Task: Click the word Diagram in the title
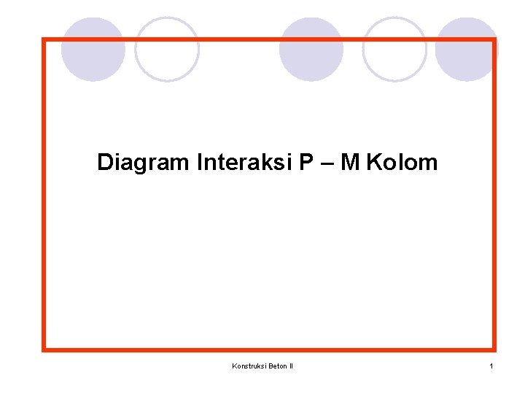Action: pos(143,162)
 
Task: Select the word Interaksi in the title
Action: pos(245,162)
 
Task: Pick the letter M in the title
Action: pos(350,162)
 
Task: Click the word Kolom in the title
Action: pos(402,162)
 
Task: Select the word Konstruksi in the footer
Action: pos(249,366)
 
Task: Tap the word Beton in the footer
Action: pos(278,366)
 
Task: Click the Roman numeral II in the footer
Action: pos(292,366)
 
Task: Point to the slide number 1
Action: pos(491,366)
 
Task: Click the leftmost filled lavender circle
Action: pos(93,50)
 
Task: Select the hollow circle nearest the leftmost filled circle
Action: pos(167,50)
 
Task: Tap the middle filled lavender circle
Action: pos(311,50)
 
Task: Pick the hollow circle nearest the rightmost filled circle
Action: pos(394,50)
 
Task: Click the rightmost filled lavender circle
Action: pos(467,50)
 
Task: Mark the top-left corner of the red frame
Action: pos(44,40)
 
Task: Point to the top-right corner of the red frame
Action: pos(494,40)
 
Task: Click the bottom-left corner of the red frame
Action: pos(44,349)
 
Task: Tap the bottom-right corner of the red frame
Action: pos(494,349)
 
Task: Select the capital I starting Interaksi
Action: pos(199,162)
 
